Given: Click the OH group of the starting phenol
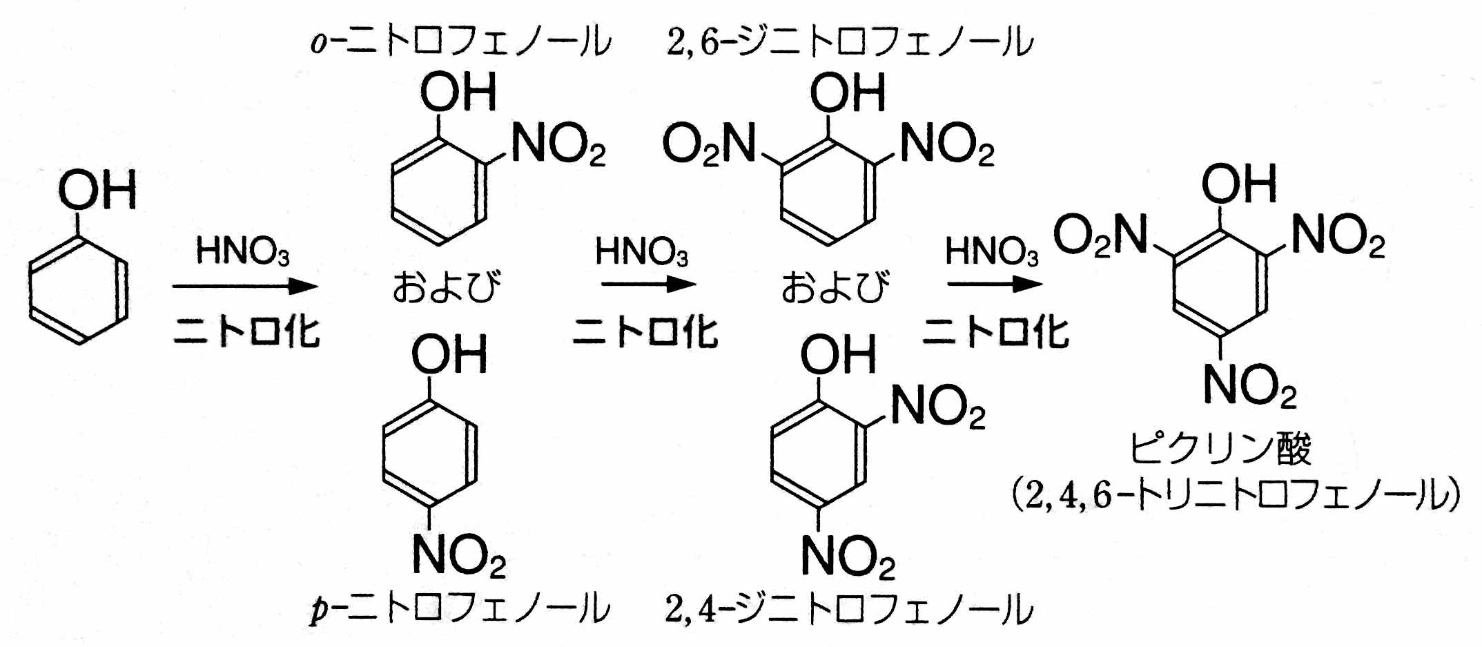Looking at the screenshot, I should (x=97, y=190).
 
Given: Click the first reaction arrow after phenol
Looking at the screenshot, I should (x=245, y=286).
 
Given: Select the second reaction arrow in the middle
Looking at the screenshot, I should (x=648, y=284).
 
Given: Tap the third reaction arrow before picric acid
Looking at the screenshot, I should (x=995, y=284).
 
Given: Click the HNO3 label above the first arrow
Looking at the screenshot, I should (x=242, y=251).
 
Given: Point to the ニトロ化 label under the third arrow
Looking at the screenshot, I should (x=995, y=332).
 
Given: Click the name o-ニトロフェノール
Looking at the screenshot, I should (x=460, y=41).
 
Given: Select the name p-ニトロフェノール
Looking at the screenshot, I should (x=460, y=609).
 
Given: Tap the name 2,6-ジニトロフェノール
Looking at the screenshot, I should (x=850, y=41).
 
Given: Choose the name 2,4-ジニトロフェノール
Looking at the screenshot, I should (x=849, y=609).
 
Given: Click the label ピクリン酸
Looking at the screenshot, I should (x=1220, y=449).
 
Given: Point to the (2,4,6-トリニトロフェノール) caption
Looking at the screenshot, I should (x=1235, y=495).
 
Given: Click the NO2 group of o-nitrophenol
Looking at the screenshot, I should (x=558, y=145).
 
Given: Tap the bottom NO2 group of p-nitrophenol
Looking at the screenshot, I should (x=458, y=556).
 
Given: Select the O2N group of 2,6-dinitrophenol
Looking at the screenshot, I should (x=709, y=145).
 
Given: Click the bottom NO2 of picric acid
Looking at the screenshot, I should (x=1249, y=385).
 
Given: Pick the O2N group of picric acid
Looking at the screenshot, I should (x=1100, y=235).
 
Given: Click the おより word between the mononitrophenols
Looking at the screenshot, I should (x=447, y=287).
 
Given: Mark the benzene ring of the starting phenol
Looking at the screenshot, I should (x=79, y=291).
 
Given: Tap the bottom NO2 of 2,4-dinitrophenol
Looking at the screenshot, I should (x=848, y=556).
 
